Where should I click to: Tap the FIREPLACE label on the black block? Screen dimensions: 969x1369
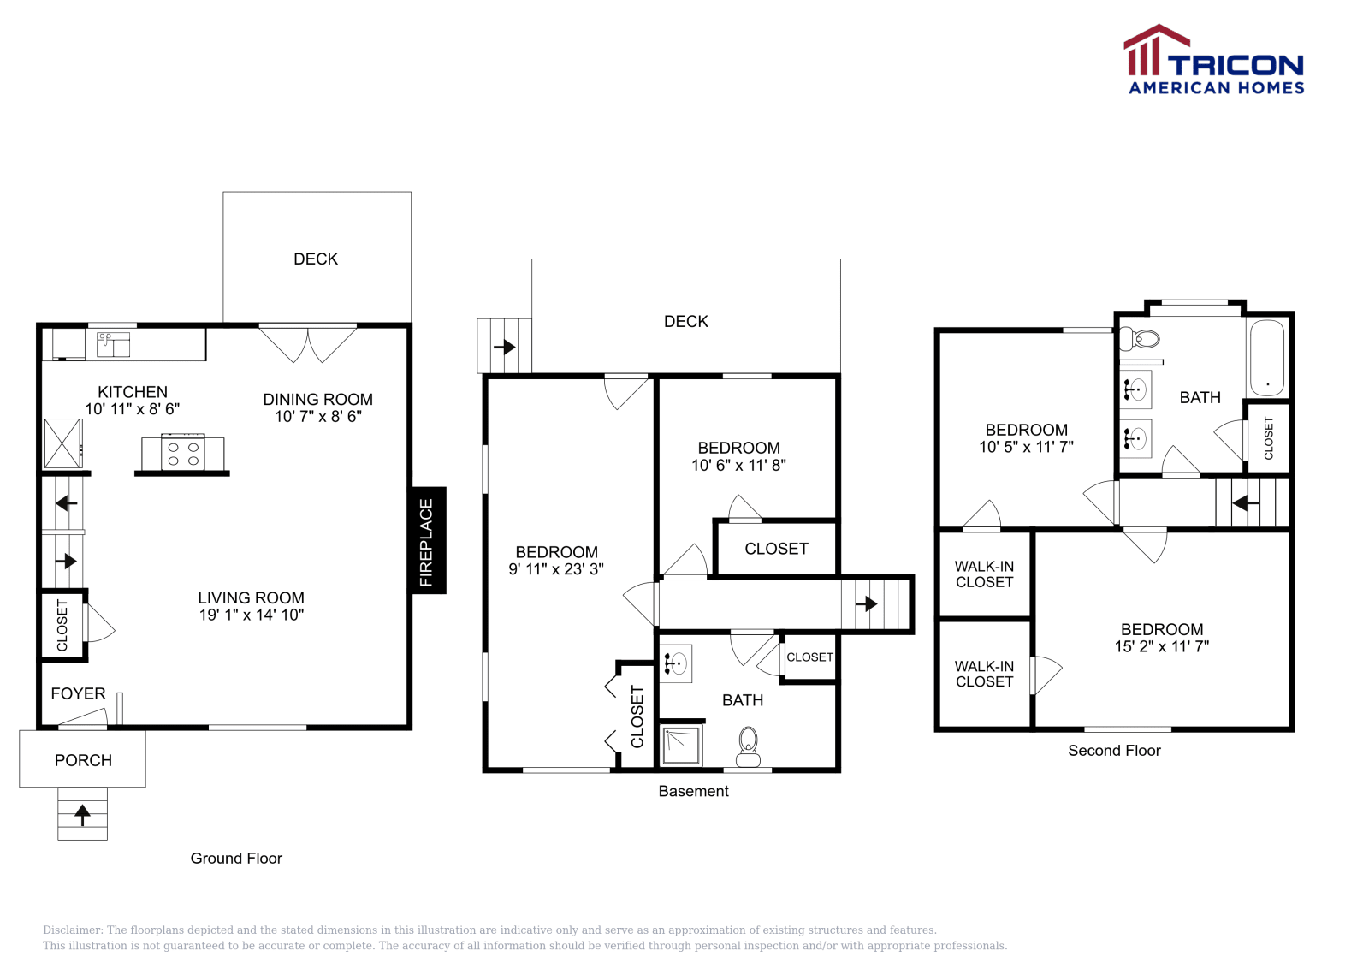click(426, 541)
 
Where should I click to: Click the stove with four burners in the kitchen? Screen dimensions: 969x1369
click(183, 453)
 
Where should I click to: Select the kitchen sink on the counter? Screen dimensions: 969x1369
click(112, 343)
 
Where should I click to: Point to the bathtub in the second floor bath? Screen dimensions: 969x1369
click(1266, 357)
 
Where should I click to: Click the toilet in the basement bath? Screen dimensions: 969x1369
click(748, 746)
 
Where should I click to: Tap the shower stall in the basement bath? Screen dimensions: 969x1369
click(682, 745)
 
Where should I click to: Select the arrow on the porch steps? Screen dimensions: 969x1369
click(82, 814)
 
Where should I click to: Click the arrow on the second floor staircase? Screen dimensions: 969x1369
click(1246, 502)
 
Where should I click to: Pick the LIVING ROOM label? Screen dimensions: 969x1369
click(251, 597)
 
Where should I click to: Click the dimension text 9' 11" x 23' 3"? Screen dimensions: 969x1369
click(556, 568)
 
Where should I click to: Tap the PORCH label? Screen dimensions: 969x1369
click(83, 760)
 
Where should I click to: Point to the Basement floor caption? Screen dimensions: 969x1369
click(693, 791)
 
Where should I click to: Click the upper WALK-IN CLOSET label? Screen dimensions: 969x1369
click(984, 574)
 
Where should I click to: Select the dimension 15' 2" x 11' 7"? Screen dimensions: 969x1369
click(1161, 646)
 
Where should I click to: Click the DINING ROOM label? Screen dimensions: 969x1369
click(317, 399)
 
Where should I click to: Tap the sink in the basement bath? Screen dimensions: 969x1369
click(676, 663)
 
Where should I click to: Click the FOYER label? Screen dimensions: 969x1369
click(78, 693)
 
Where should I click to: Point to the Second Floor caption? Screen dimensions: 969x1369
click(1114, 751)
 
